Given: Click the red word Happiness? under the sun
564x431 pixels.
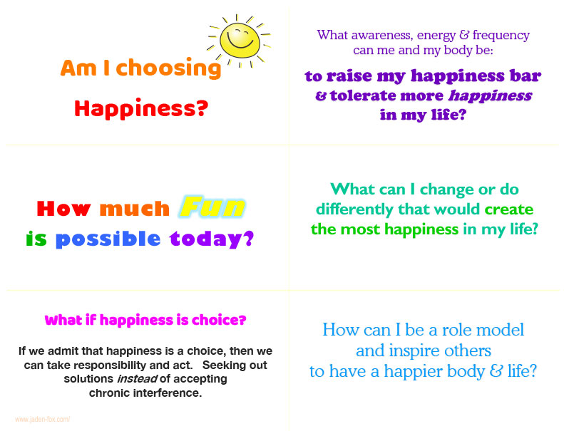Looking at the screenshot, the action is point(141,108).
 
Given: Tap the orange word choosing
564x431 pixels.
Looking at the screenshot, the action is point(168,68).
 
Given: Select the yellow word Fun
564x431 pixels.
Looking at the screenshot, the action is point(212,207).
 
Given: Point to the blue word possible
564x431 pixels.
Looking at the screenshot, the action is point(108,239).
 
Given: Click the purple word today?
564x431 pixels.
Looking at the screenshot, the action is point(212,239).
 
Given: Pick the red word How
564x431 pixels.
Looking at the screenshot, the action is point(63,208).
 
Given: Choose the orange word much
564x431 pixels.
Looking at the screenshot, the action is point(135,209).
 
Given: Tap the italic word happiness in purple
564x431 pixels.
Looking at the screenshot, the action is point(491,96).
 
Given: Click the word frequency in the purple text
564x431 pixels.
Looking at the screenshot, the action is point(501,35).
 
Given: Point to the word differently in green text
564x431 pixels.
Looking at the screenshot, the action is point(354,209).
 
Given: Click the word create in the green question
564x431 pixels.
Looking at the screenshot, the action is point(508,209).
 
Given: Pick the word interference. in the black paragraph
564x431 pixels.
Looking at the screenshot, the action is point(168,393).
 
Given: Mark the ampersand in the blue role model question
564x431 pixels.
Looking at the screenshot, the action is point(496,370).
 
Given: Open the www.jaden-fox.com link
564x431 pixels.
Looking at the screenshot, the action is point(43,419).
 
